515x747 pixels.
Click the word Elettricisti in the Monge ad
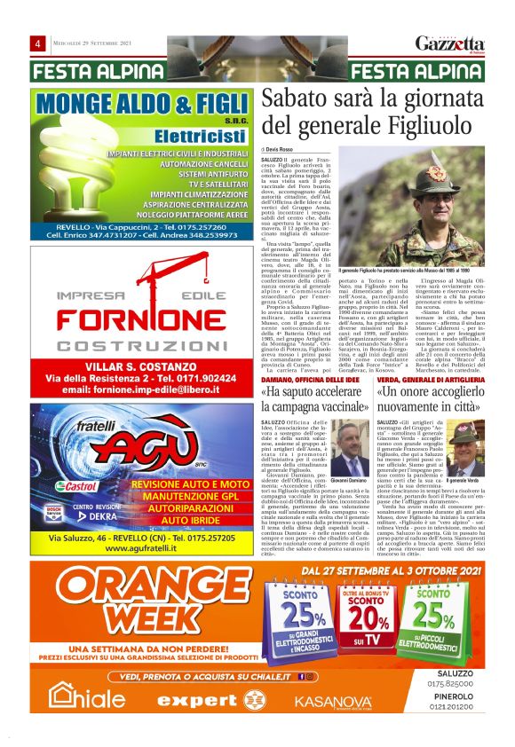[193, 137]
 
